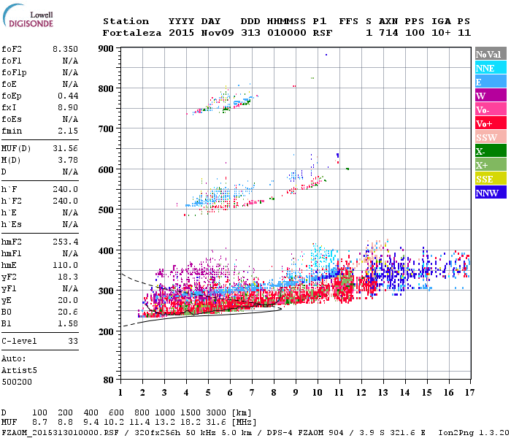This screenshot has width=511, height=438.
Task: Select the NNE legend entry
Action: tap(489, 68)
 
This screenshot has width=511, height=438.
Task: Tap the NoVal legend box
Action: tap(489, 54)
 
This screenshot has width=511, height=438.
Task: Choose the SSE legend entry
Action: tap(489, 180)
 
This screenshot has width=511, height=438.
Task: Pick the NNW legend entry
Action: tap(489, 193)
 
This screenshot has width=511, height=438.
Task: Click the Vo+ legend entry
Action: tap(489, 124)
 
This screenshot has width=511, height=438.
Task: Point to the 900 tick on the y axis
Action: tap(107, 49)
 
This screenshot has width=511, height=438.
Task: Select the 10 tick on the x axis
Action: tap(317, 393)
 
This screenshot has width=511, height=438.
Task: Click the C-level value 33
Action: tap(73, 341)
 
